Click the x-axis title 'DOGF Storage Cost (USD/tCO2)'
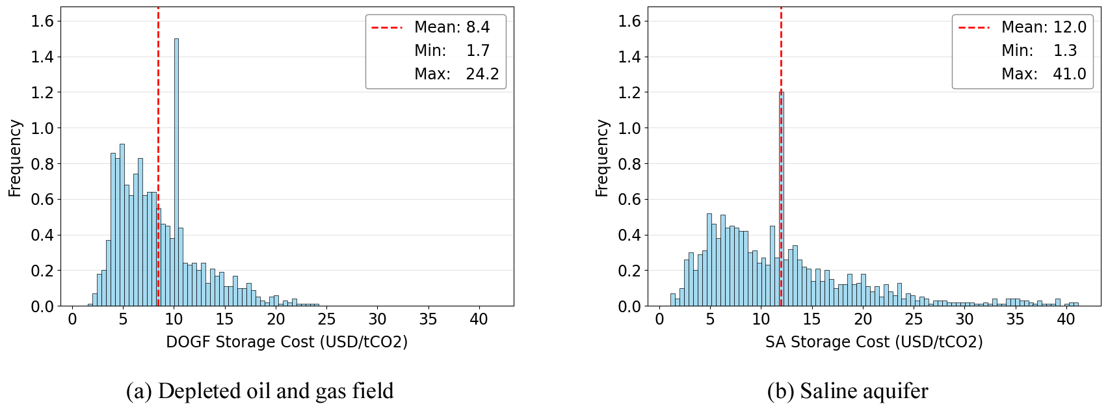pos(287,342)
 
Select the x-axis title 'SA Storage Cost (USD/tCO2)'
pos(874,342)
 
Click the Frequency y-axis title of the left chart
pos(15,158)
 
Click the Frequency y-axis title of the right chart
pos(602,158)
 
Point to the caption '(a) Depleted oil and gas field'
pos(259,391)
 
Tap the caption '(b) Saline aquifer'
pos(847,391)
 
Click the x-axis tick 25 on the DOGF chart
pos(326,319)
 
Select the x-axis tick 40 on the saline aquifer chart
pos(1066,319)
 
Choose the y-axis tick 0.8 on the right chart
pos(629,164)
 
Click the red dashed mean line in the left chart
pos(158,130)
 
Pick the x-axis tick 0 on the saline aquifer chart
pos(659,319)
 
